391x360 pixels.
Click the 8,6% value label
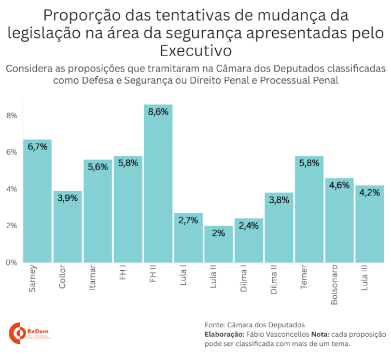tap(158, 112)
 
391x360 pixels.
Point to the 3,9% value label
tap(67, 198)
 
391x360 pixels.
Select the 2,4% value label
tap(248, 226)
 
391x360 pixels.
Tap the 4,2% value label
tap(369, 192)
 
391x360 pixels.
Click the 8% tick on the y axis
tap(12, 115)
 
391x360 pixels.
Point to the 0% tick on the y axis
tap(12, 262)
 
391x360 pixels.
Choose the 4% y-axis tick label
tap(12, 189)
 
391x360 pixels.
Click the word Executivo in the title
tap(195, 51)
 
